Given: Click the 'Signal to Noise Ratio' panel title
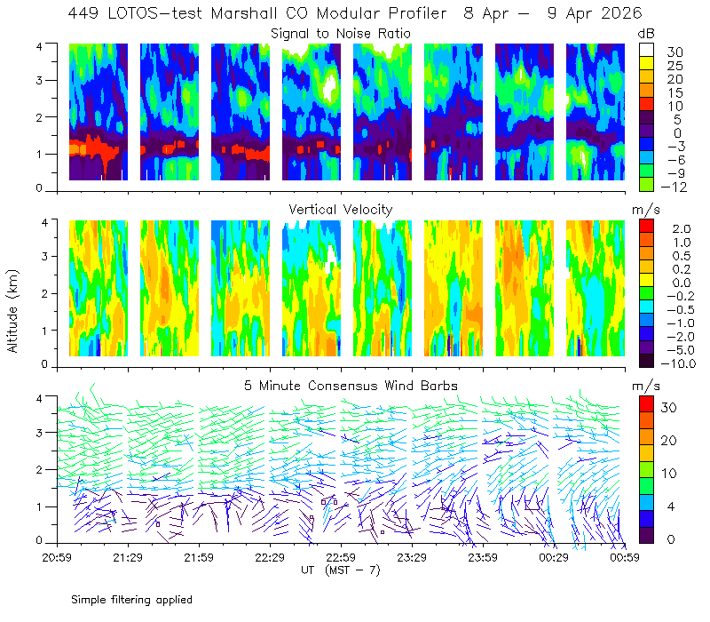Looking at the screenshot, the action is click(341, 34).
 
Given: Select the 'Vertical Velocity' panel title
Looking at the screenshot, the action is click(341, 210).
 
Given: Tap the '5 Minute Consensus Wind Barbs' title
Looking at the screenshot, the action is click(351, 386).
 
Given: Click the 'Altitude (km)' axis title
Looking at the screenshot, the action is click(12, 311).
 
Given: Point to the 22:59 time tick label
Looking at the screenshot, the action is click(341, 557).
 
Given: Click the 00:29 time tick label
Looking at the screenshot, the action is click(554, 557).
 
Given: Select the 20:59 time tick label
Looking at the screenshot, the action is click(57, 557).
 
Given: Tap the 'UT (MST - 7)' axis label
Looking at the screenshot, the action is click(341, 570).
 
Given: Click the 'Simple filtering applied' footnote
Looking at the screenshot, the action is click(131, 600).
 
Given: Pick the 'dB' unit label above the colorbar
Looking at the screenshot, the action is click(646, 34).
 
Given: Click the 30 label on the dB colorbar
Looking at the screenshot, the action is click(674, 52).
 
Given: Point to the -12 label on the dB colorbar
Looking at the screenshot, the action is click(674, 187).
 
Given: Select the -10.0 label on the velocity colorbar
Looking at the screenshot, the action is click(678, 363).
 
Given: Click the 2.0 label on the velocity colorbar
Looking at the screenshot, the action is click(682, 229).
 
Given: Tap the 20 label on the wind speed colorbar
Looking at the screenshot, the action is click(669, 441).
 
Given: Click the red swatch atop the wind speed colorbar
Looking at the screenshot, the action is click(646, 404).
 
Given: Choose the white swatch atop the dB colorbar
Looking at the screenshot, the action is click(646, 50).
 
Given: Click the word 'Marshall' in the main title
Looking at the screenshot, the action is click(244, 13).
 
